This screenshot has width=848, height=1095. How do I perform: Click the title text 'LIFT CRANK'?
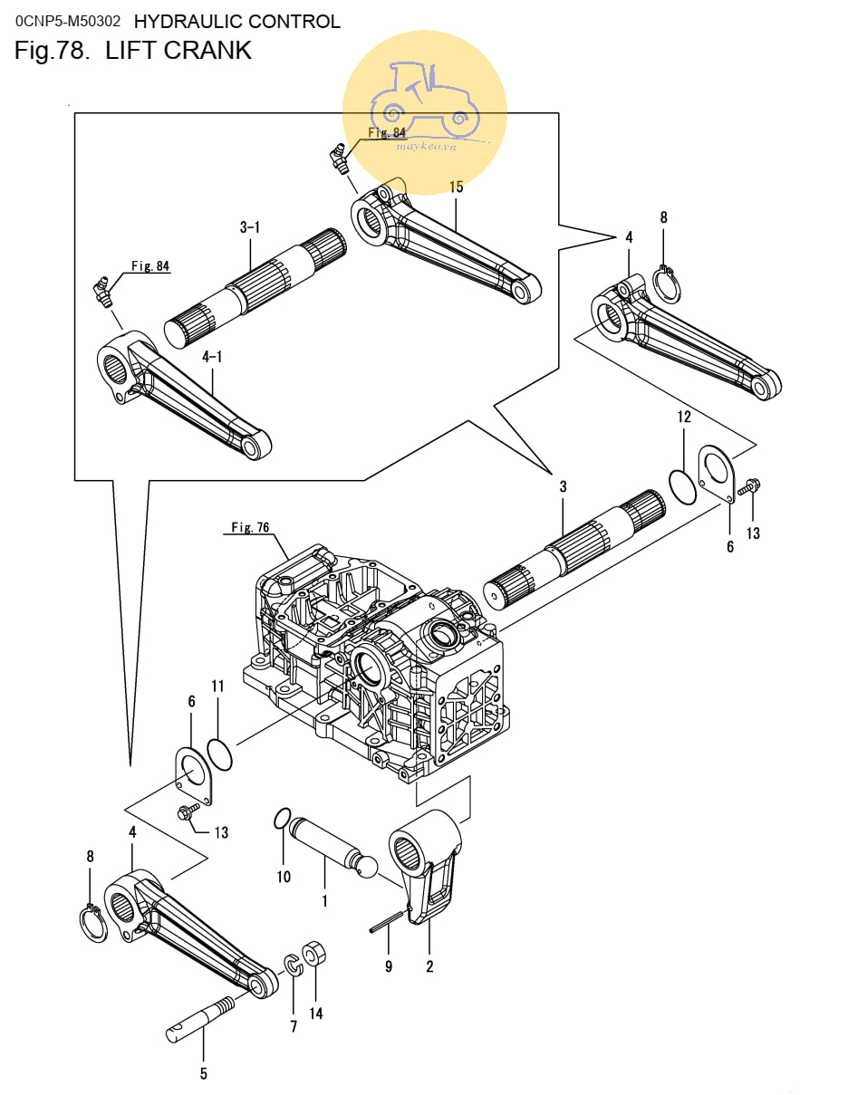[x=178, y=51]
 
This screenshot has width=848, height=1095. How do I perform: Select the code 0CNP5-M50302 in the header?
[x=68, y=21]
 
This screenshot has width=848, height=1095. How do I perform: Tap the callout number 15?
[x=456, y=187]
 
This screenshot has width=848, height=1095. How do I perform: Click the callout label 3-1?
[x=250, y=227]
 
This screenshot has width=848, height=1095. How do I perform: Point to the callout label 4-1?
[x=212, y=357]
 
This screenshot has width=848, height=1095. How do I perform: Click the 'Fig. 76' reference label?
[x=250, y=527]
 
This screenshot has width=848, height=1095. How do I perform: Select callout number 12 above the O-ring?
[x=684, y=417]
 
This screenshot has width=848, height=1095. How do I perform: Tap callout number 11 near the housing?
[x=217, y=686]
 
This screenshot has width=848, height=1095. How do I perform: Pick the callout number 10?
[x=284, y=877]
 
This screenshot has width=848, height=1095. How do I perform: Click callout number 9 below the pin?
[x=389, y=966]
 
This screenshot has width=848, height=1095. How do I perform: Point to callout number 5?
[x=204, y=1073]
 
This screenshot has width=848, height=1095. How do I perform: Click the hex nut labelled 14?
[x=313, y=953]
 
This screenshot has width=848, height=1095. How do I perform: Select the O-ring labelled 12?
[x=683, y=486]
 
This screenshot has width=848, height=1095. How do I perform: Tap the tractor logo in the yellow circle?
[x=425, y=100]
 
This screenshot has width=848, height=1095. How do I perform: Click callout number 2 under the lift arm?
[x=429, y=966]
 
